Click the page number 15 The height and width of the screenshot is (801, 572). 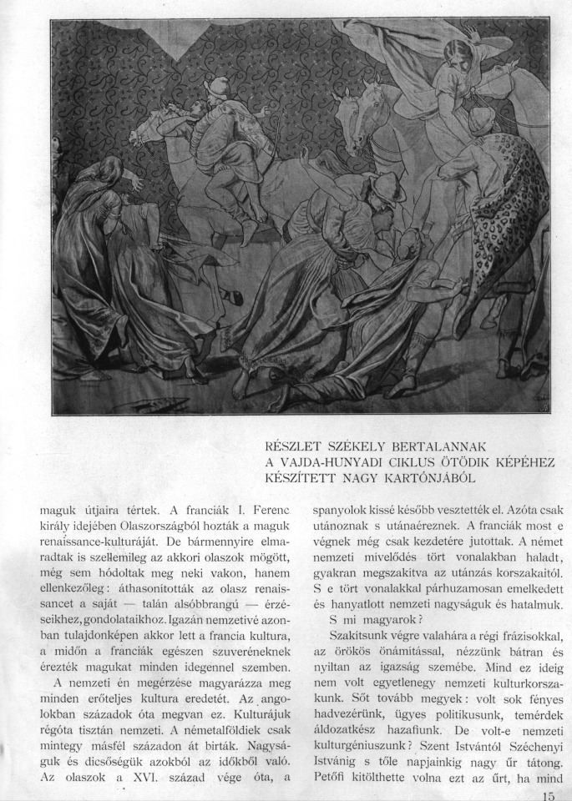(x=548, y=795)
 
